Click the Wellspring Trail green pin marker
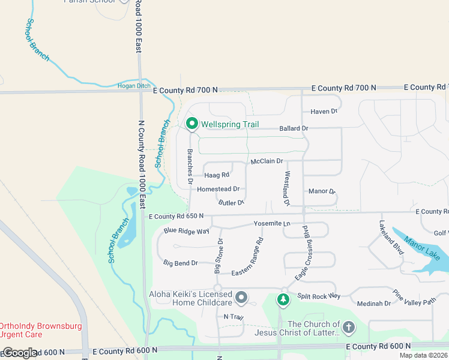tap(192, 124)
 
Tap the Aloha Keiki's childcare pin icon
tap(241, 297)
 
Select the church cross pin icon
tap(349, 327)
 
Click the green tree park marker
tap(283, 298)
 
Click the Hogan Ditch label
tap(133, 86)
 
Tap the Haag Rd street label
tap(217, 175)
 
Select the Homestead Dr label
tap(218, 189)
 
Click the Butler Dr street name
tap(231, 203)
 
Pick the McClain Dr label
tap(267, 161)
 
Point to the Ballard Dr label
tap(294, 128)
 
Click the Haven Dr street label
tap(324, 112)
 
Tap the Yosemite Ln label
tap(272, 224)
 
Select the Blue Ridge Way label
tap(186, 231)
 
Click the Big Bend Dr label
tap(181, 263)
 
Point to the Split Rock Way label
tap(318, 296)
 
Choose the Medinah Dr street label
tap(373, 304)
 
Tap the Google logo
tap(20, 353)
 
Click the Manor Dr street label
tap(322, 191)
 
